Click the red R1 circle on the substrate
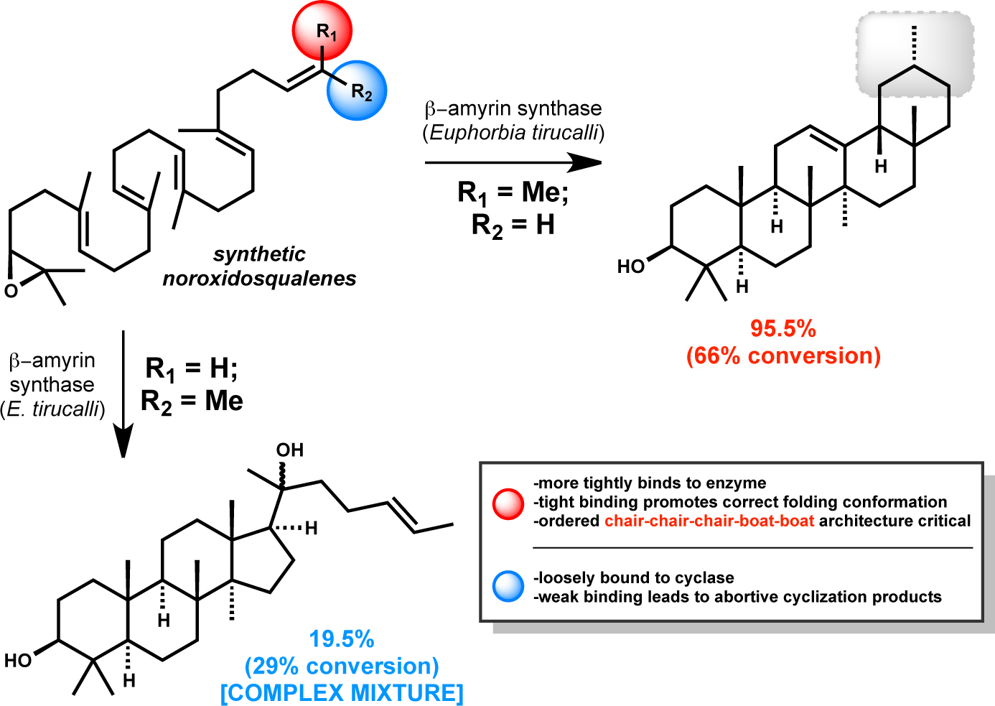point(322,31)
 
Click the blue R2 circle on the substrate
point(357,90)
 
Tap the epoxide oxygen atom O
point(11,291)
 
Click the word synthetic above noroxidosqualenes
point(259,254)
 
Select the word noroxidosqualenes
point(259,279)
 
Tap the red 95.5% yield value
point(783,329)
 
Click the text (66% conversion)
point(783,356)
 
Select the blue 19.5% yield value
point(342,639)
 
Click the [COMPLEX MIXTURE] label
point(342,693)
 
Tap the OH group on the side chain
point(290,450)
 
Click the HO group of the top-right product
point(631,267)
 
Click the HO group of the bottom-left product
point(19,661)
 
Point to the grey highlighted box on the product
point(915,52)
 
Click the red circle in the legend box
point(508,503)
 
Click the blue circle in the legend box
point(508,587)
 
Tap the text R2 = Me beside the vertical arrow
point(192,401)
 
